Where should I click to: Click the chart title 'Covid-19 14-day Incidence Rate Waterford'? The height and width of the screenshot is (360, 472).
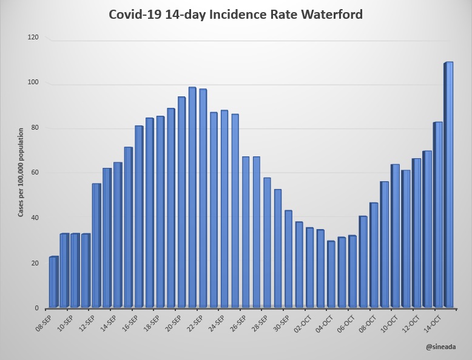click(235, 13)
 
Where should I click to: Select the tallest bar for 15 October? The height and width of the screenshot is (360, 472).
click(449, 185)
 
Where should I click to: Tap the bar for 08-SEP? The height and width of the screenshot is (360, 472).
click(53, 282)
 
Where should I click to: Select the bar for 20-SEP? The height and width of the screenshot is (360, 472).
click(181, 202)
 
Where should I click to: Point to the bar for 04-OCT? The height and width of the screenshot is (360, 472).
click(331, 274)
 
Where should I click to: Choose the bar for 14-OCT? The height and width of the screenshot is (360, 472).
click(437, 215)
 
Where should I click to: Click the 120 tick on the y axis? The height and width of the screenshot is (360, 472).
click(33, 38)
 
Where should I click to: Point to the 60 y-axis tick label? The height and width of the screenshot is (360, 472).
click(35, 173)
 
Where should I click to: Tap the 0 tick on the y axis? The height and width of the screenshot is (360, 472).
click(37, 308)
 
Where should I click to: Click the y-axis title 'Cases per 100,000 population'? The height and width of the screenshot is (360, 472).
click(21, 173)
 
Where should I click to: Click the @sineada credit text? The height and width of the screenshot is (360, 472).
click(439, 347)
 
